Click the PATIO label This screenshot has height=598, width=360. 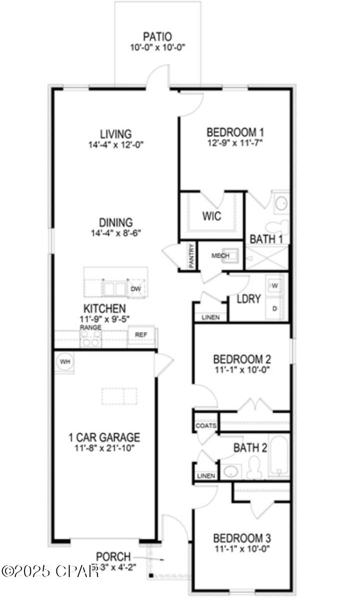[x=157, y=36]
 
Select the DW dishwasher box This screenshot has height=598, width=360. [x=135, y=289]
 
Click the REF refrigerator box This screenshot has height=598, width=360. [x=141, y=334]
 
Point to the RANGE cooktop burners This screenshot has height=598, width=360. [x=91, y=339]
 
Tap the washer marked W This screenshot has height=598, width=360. [x=275, y=286]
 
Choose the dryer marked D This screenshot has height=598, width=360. [x=275, y=308]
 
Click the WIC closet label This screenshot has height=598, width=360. [x=211, y=217]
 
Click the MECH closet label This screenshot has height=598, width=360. [x=220, y=256]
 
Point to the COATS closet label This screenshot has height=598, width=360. [x=206, y=426]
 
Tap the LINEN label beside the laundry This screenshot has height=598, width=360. [x=210, y=317]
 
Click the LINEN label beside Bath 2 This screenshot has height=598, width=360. [x=206, y=476]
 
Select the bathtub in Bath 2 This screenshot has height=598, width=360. [x=278, y=456]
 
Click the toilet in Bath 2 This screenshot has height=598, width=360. [x=254, y=469]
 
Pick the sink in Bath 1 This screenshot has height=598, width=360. [x=282, y=203]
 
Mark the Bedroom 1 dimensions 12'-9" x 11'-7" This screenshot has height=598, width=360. [x=235, y=142]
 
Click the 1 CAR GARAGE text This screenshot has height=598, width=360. [x=104, y=438]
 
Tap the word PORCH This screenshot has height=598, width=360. [x=114, y=556]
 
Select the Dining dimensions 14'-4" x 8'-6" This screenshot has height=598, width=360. [x=116, y=233]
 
